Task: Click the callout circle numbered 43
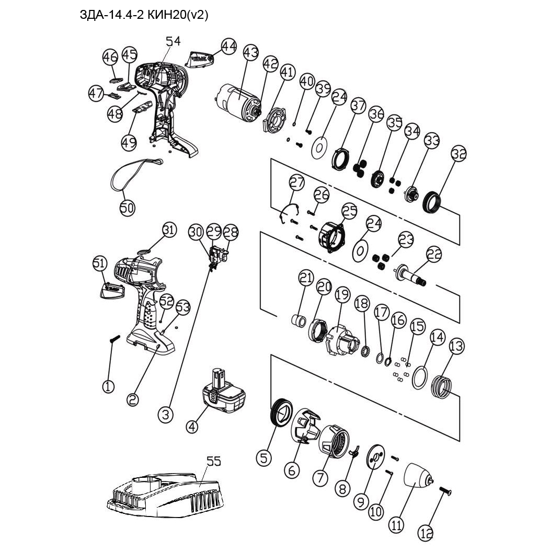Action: (250, 52)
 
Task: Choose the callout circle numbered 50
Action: (127, 208)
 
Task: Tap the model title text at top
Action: (144, 16)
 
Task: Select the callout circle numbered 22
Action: (434, 255)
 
